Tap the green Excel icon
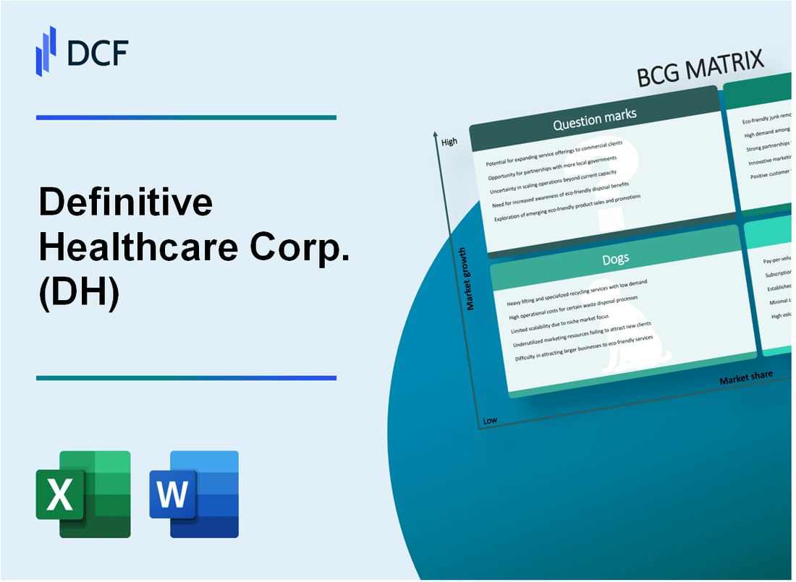[x=83, y=494]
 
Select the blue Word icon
[x=194, y=494]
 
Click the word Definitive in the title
[x=125, y=204]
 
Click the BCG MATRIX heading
[x=701, y=72]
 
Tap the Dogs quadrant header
[x=616, y=257]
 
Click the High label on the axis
[x=449, y=142]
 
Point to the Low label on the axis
[x=490, y=420]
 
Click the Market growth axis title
[x=471, y=278]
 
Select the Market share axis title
[x=745, y=377]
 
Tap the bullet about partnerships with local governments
[x=553, y=167]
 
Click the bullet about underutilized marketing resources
[x=581, y=333]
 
